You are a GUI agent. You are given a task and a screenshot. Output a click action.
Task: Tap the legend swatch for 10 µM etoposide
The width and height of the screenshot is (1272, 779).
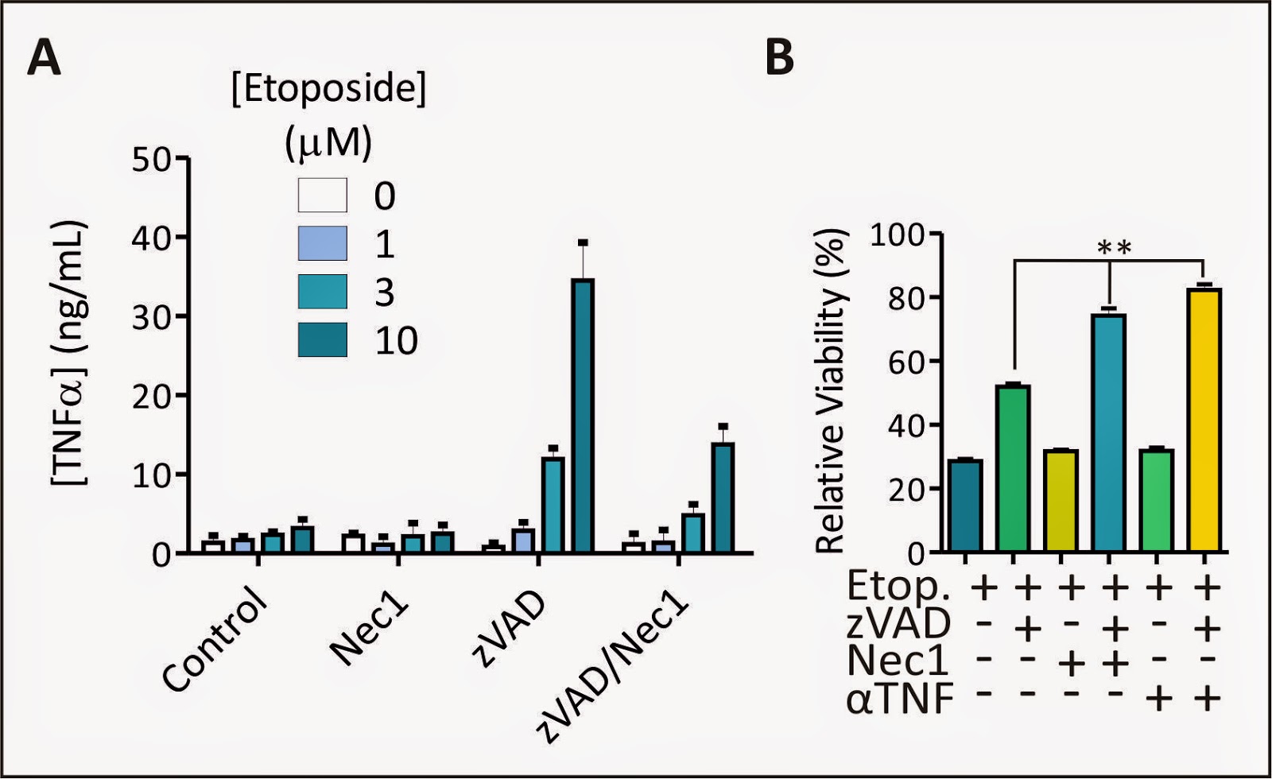[323, 339]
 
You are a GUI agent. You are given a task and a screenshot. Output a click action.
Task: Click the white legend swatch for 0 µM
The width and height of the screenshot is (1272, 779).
[323, 195]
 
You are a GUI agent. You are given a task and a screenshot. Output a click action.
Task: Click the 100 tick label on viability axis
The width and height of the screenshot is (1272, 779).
[897, 235]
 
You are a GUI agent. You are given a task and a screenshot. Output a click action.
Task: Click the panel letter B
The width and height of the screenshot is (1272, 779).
[779, 57]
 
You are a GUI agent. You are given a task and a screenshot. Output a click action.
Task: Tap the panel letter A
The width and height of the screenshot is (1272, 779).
[45, 59]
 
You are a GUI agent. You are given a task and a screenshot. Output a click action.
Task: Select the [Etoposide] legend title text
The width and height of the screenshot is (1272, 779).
[329, 89]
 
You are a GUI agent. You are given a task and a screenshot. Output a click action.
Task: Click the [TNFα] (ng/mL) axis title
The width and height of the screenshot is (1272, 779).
[70, 353]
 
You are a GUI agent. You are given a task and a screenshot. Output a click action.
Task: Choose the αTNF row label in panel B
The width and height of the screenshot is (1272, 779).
[900, 699]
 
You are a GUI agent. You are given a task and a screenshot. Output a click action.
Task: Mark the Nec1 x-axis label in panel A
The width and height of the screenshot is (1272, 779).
[369, 631]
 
